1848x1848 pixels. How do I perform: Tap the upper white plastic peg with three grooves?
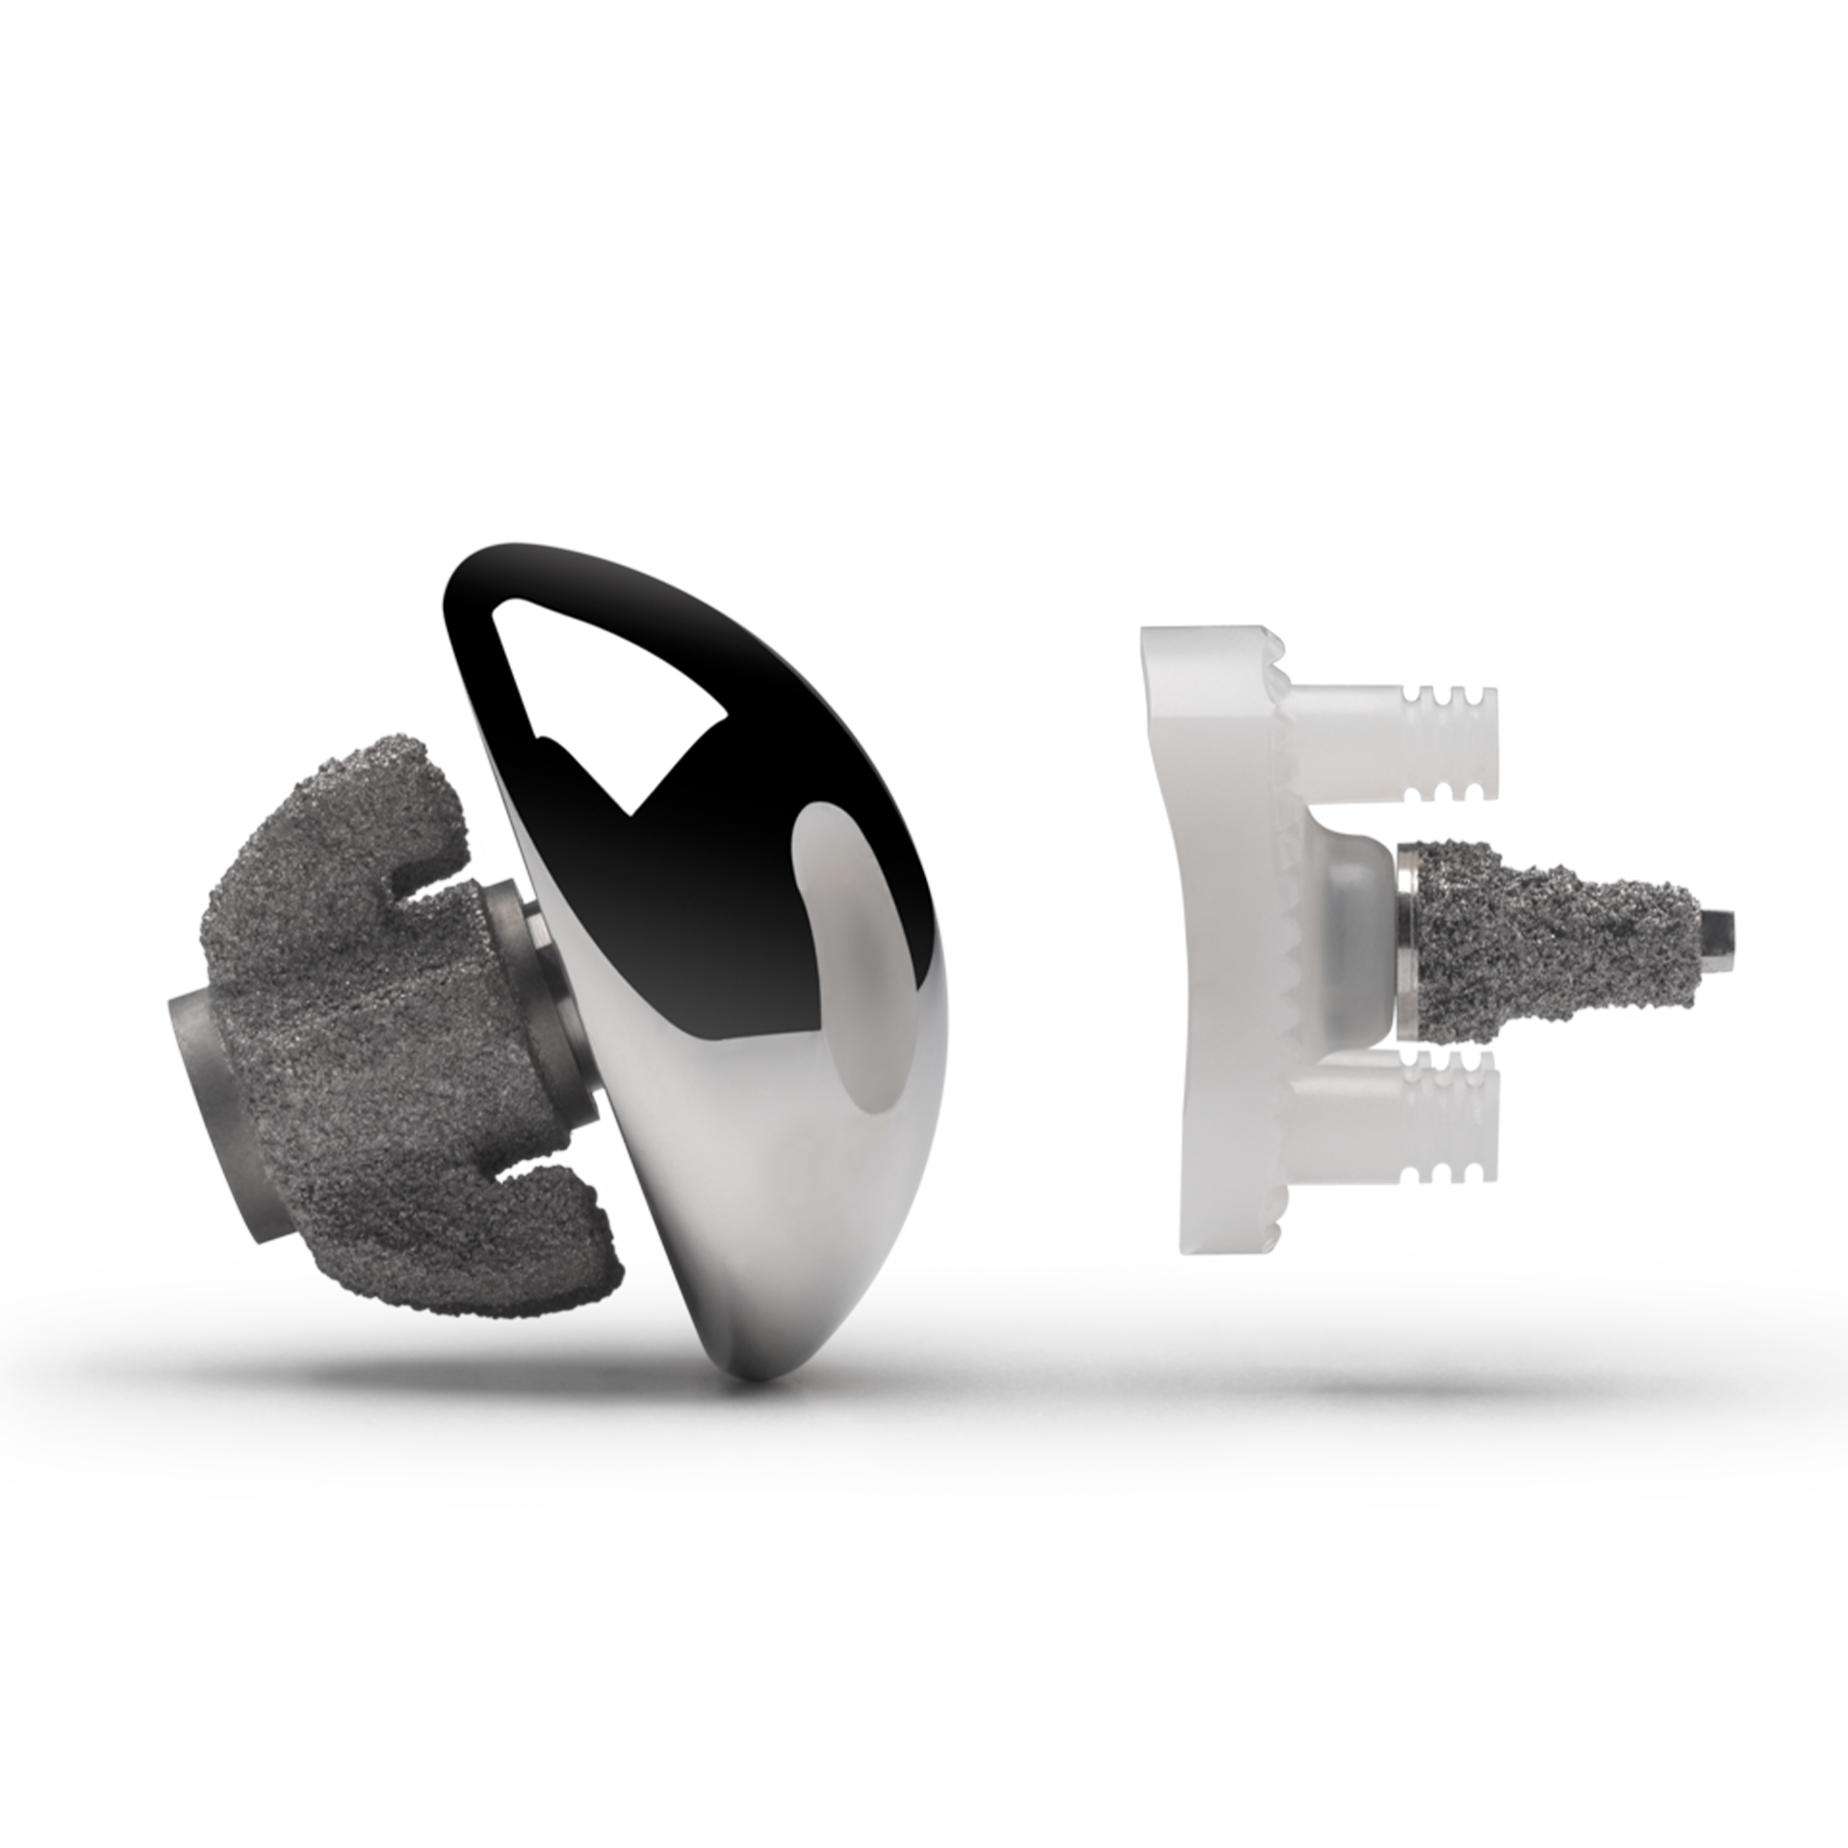1396,741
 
